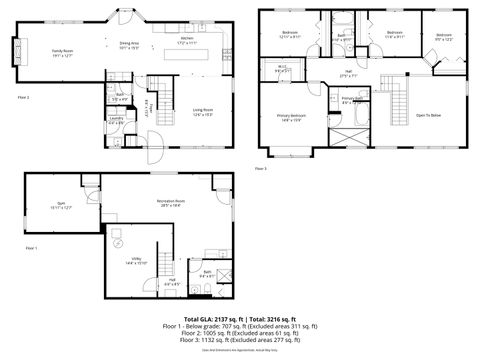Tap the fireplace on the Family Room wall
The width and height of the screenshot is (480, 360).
(x=14, y=52)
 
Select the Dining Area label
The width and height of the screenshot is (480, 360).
(x=129, y=45)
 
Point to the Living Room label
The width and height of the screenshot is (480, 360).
(x=205, y=112)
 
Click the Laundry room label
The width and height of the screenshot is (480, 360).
(x=116, y=121)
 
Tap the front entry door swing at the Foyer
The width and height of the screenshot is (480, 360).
(x=153, y=141)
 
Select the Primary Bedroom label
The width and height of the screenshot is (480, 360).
(x=291, y=117)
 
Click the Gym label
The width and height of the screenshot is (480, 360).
(x=61, y=206)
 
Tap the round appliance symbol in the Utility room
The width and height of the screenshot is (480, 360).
(x=118, y=243)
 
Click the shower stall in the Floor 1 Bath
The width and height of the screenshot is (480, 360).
(x=224, y=277)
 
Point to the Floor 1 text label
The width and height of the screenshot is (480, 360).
(x=31, y=248)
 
